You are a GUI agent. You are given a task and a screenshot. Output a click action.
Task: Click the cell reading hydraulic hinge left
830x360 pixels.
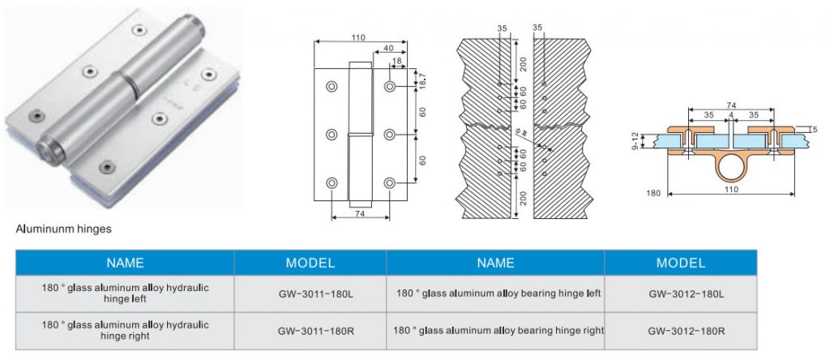125,294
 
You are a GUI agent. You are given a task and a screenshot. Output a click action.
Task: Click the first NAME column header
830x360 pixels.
125,263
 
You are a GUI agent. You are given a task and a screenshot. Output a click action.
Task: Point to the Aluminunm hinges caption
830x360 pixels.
64,229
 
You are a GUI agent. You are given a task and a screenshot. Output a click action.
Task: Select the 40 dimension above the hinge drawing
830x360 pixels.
391,47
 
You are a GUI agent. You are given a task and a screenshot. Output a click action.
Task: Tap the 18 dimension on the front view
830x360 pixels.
396,62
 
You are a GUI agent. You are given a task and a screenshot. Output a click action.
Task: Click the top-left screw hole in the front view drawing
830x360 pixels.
332,86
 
